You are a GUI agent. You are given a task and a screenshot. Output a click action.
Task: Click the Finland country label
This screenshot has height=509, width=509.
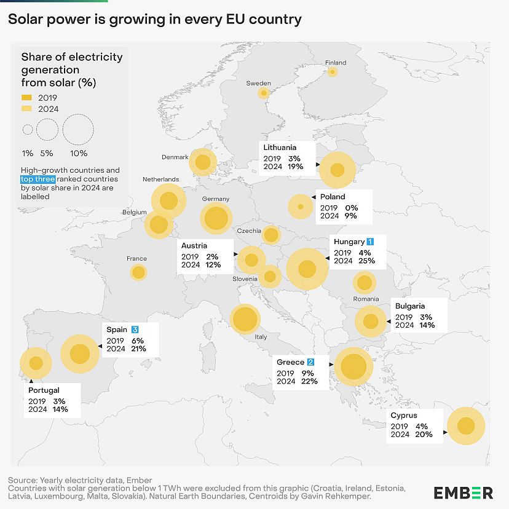tap(336, 63)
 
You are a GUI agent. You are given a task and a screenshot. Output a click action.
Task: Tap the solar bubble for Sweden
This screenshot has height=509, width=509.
tap(264, 93)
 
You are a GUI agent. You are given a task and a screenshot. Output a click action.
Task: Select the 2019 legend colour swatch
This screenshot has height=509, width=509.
tap(26, 97)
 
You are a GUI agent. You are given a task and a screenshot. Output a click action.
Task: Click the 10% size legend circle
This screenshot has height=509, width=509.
tap(78, 130)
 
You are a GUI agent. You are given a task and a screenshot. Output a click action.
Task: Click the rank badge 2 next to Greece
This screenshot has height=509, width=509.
tap(311, 362)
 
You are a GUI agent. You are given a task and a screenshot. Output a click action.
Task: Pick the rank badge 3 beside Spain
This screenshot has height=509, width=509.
tap(135, 330)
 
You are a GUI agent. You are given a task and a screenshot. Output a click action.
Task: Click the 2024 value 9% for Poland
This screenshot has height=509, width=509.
tap(350, 216)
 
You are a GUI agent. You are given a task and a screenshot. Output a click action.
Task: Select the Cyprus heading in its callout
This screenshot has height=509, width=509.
tap(404, 416)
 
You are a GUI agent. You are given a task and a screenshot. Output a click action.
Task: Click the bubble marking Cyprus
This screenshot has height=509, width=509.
tap(466, 425)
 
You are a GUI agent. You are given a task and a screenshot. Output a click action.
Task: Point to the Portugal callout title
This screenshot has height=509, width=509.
tap(44, 390)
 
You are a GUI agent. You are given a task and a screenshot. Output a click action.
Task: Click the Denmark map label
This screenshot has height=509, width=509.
tap(175, 157)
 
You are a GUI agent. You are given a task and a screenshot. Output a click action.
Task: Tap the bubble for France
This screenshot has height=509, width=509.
tap(139, 272)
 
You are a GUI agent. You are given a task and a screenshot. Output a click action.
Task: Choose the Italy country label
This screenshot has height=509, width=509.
tap(261, 337)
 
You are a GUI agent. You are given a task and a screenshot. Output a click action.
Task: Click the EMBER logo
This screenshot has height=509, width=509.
tap(463, 492)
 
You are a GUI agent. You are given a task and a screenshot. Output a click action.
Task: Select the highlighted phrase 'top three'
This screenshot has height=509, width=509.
tap(37, 179)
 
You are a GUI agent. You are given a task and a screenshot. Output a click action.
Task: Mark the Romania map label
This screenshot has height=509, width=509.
tap(366, 299)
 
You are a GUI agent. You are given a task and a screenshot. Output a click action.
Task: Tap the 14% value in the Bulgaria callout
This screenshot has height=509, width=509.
tap(427, 325)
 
